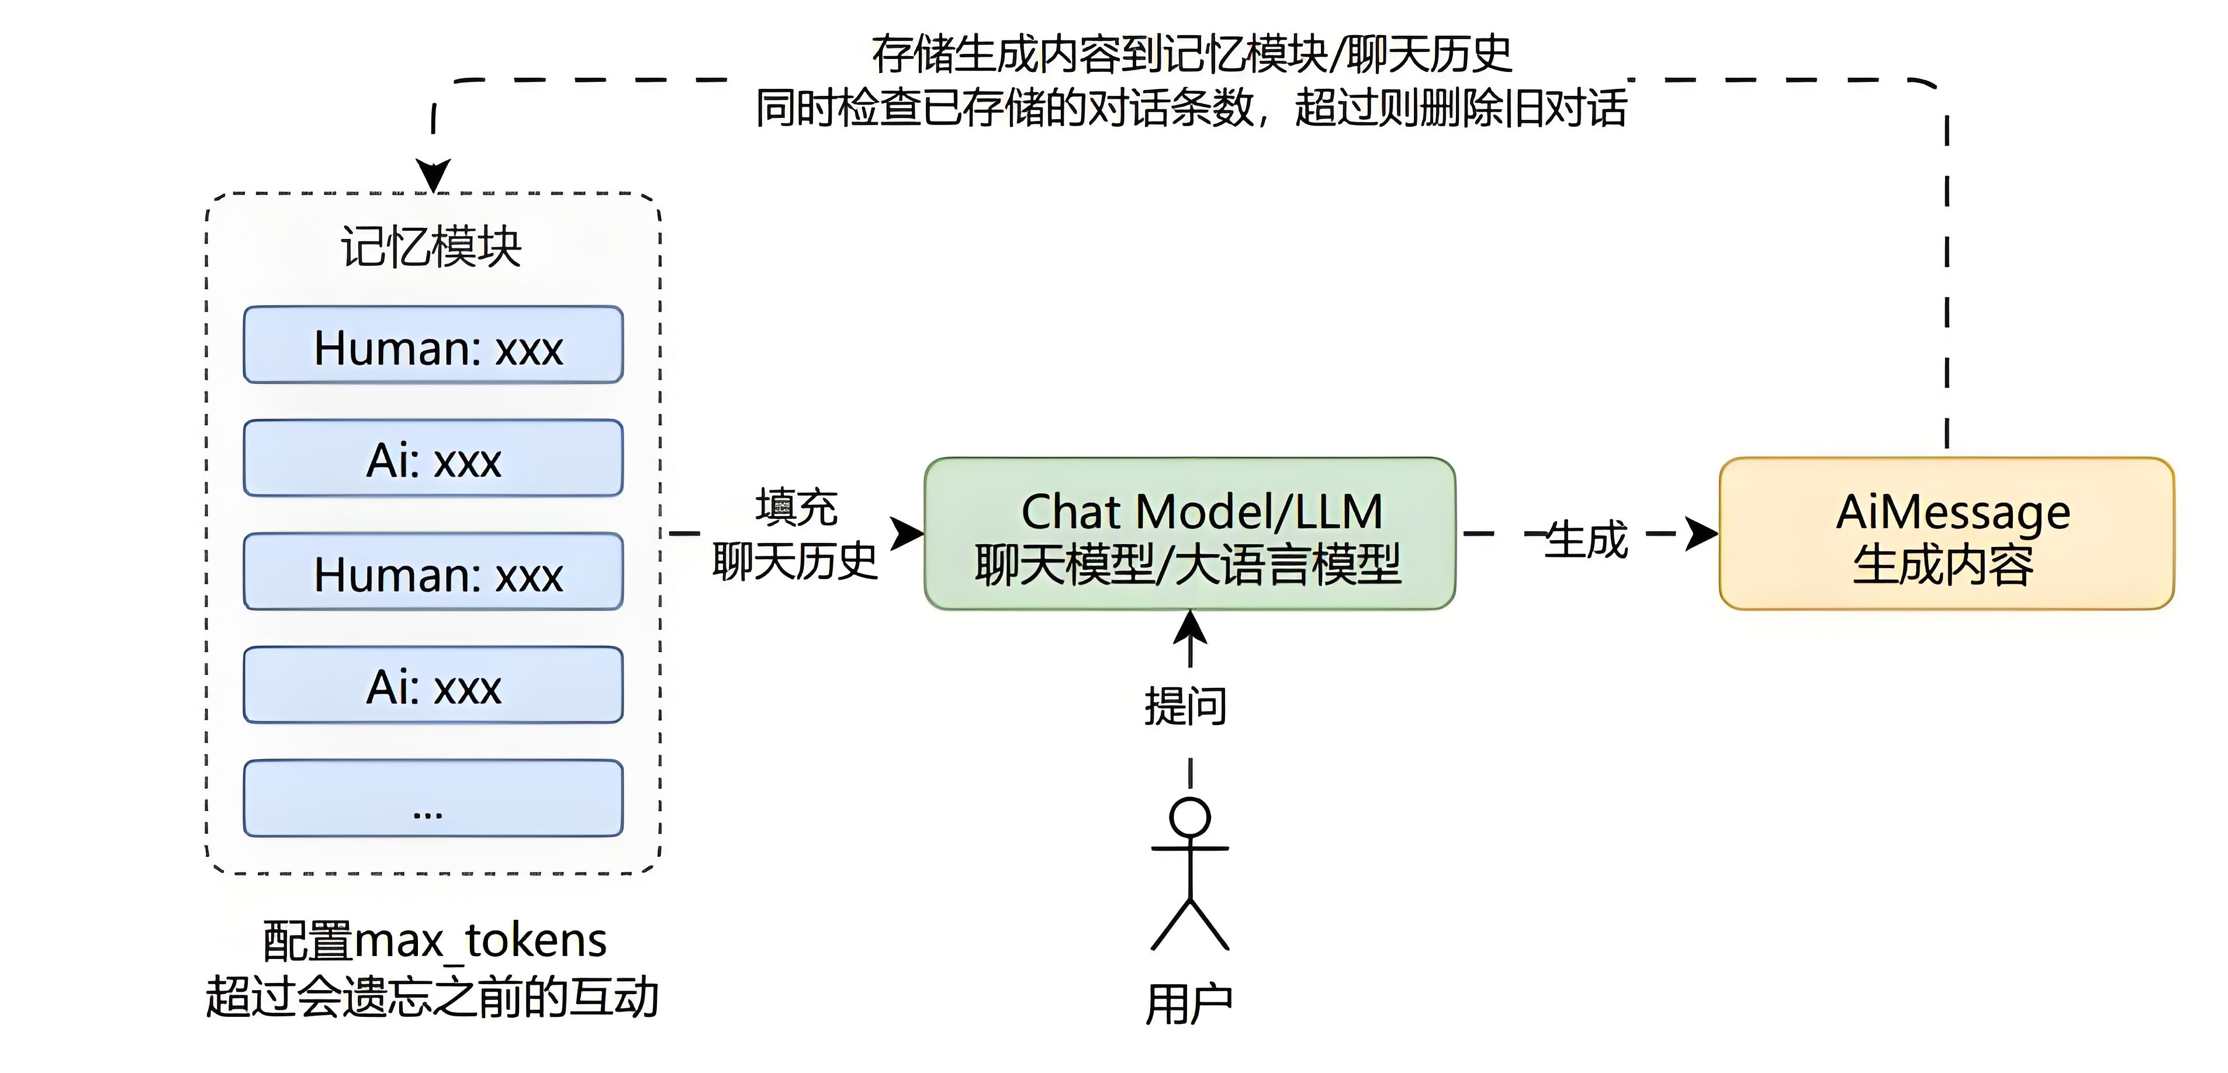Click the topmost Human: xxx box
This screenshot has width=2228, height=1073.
coord(433,345)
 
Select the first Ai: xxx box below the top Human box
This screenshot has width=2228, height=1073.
coord(433,458)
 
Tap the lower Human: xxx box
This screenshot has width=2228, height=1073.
coord(433,572)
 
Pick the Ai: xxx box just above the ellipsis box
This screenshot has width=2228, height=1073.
coord(433,686)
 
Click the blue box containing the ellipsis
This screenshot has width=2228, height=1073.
coord(433,799)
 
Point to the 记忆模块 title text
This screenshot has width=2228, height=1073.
coord(431,247)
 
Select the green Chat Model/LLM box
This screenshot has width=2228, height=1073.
coord(1189,534)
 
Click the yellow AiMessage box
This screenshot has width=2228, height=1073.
coord(1946,534)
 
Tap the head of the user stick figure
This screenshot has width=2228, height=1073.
coord(1189,817)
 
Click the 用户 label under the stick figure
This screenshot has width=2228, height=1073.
coord(1189,1005)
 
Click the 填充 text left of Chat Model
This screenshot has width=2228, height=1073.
coord(795,507)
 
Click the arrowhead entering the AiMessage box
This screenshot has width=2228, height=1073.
coord(1702,534)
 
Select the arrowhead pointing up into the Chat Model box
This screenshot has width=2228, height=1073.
coord(1190,626)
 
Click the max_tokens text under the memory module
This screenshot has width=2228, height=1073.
coord(480,941)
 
